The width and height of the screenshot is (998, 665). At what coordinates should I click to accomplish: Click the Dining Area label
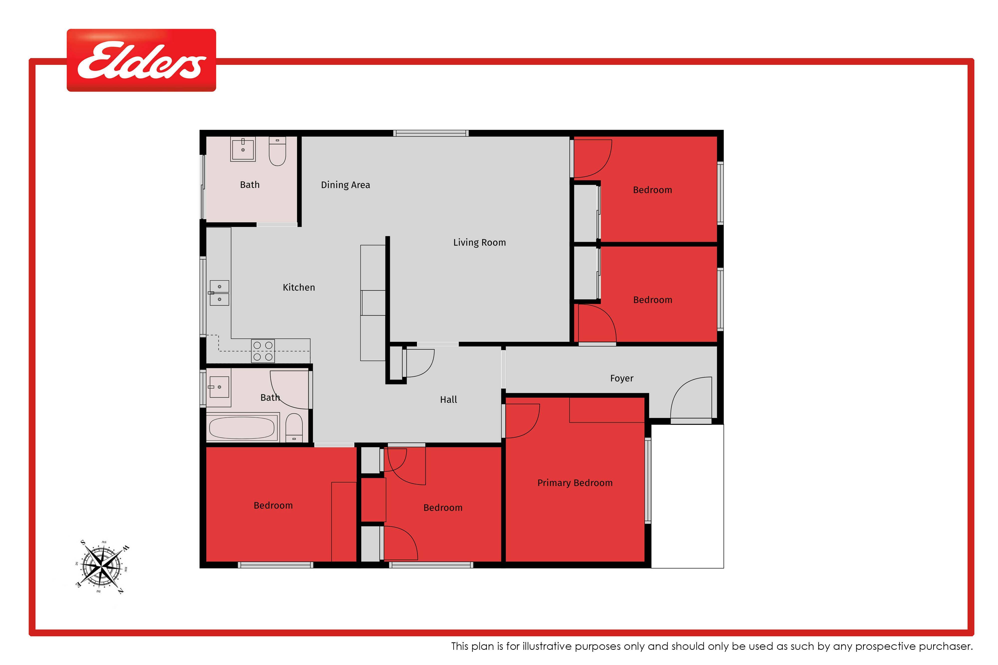pos(345,185)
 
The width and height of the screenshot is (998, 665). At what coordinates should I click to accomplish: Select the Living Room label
pos(480,243)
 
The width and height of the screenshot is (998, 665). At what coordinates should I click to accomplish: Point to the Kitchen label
pos(299,287)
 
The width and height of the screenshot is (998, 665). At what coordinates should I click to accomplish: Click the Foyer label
pos(622,378)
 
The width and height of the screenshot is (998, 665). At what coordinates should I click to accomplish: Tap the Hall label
pos(449,399)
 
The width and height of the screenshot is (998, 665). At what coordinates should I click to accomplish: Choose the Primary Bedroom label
pos(575,483)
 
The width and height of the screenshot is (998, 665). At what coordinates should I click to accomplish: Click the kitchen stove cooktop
pos(263,351)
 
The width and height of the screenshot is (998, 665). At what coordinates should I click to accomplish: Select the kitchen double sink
pos(219,293)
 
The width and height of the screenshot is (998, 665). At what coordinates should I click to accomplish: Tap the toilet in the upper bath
pos(277,151)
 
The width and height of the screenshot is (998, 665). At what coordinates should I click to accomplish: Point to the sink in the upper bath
pos(243,149)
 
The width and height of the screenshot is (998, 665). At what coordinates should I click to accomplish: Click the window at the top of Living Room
pos(431,133)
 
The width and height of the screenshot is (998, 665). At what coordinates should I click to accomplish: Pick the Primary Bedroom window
pos(648,480)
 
